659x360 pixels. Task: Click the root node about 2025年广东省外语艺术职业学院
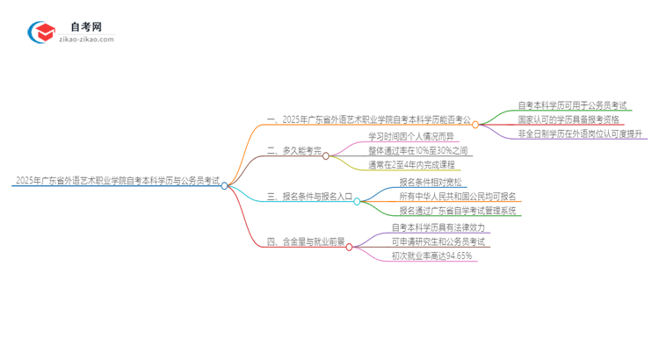(x=116, y=181)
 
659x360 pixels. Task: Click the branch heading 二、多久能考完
(x=294, y=151)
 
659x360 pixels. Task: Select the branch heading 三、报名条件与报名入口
(x=308, y=197)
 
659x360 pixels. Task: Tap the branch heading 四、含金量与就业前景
(x=306, y=241)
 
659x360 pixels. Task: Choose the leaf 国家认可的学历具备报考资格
(x=568, y=119)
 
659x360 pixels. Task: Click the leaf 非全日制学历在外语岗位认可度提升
(x=581, y=133)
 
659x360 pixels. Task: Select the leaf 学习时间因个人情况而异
(x=411, y=136)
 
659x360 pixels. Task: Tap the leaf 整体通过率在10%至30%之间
(x=418, y=150)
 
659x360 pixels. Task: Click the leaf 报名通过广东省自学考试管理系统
(x=458, y=211)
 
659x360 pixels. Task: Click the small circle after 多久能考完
(x=326, y=156)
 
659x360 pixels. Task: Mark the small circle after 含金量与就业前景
(x=349, y=247)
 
